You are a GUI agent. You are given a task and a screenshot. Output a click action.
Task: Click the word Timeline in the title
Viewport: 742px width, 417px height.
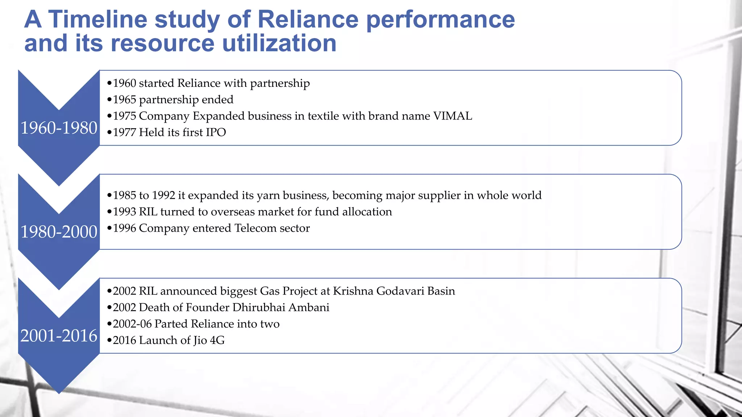97,19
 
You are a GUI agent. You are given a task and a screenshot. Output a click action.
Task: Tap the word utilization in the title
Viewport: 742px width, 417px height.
279,43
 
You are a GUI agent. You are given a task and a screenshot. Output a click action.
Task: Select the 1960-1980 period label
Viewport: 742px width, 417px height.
59,128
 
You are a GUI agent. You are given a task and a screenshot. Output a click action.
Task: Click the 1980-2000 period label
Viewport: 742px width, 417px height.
59,232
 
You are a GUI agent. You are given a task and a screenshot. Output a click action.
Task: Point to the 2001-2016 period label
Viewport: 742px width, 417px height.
59,336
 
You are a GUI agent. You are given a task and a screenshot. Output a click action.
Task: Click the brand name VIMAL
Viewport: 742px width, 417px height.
453,116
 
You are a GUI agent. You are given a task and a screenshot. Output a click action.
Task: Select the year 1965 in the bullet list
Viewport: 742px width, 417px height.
124,100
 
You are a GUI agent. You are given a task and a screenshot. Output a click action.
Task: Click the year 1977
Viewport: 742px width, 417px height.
124,132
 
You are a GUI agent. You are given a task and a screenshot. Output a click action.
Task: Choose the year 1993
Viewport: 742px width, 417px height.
124,212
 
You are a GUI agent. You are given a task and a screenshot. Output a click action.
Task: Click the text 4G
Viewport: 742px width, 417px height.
217,340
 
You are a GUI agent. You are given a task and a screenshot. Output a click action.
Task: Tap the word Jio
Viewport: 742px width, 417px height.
200,340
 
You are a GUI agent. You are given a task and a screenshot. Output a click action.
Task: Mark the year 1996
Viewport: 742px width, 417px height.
124,228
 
